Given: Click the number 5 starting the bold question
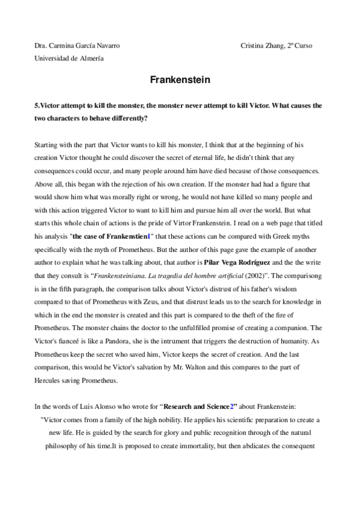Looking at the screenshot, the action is (x=37, y=105).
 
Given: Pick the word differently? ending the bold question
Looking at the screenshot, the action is (x=125, y=118).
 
